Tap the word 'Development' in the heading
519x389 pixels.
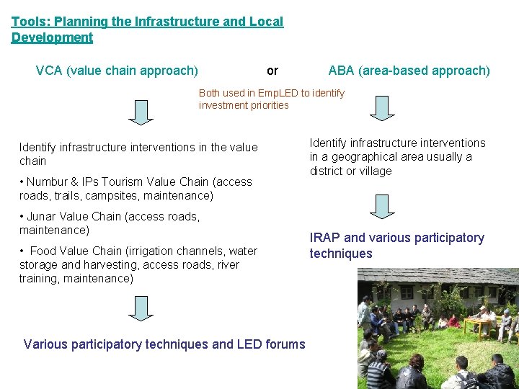click(x=52, y=37)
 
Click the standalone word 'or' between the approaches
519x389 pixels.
click(x=272, y=71)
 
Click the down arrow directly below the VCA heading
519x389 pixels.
click(x=142, y=111)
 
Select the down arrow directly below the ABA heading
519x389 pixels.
click(x=382, y=107)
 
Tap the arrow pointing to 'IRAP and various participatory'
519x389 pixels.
click(x=382, y=206)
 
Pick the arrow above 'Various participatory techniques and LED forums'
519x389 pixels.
click(x=142, y=308)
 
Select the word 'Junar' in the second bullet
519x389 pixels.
click(x=43, y=216)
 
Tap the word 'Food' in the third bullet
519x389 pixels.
click(x=43, y=251)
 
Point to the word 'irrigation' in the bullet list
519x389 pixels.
click(x=148, y=251)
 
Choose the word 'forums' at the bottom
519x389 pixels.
click(x=285, y=344)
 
